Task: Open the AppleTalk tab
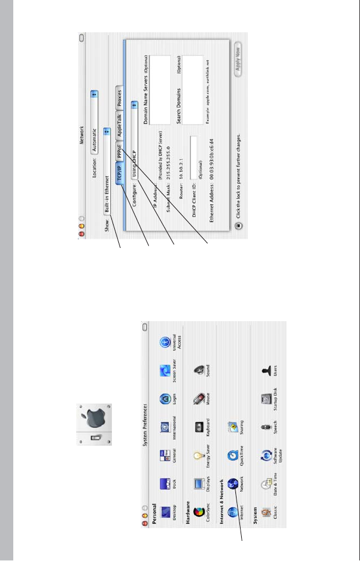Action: [x=118, y=127]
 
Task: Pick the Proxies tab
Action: [x=118, y=102]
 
